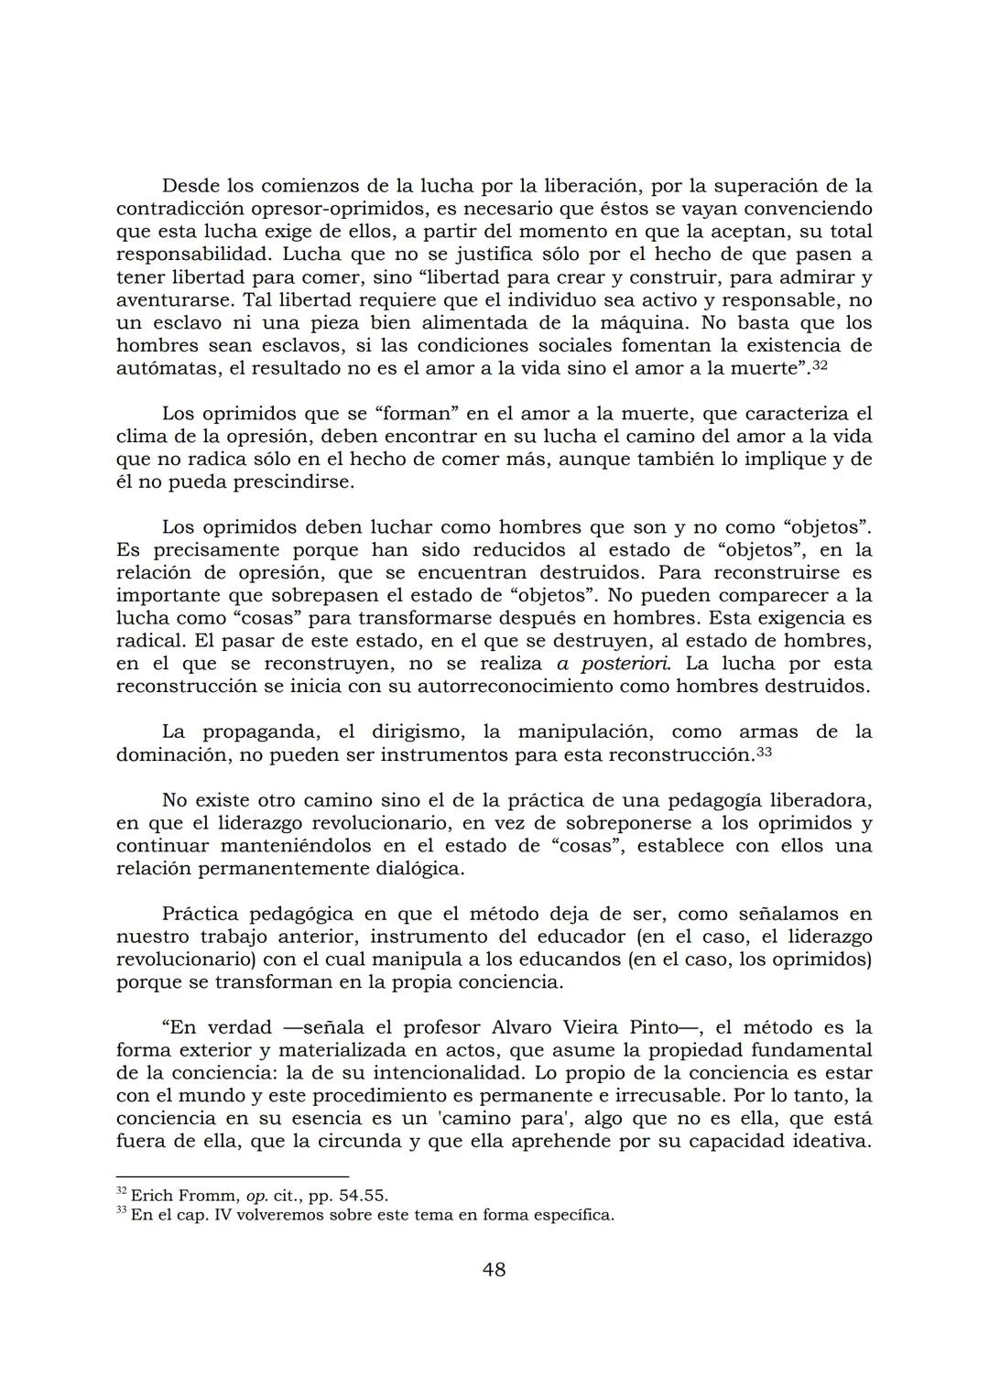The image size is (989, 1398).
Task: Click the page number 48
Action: [x=494, y=1269]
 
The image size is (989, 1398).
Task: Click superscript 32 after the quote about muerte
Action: [x=820, y=364]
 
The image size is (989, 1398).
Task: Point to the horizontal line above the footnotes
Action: [x=233, y=1176]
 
